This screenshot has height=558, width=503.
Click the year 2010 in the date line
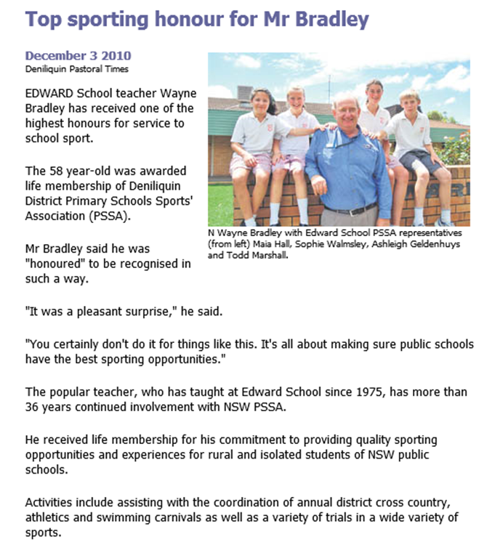(x=117, y=57)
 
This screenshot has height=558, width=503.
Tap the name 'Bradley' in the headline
(x=334, y=20)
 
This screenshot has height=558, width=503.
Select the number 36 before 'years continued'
(x=33, y=406)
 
